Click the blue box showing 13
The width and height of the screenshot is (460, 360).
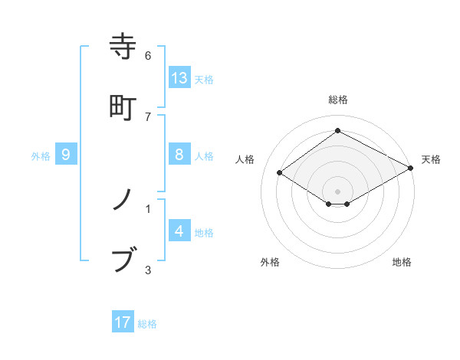pyautogui.click(x=179, y=77)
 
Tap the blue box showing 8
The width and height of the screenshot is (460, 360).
pyautogui.click(x=179, y=155)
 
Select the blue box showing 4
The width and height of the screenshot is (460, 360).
pyautogui.click(x=179, y=231)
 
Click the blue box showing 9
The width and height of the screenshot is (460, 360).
pyautogui.click(x=66, y=155)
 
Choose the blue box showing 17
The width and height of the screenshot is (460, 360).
pyautogui.click(x=123, y=322)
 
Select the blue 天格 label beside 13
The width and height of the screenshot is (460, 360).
pyautogui.click(x=204, y=79)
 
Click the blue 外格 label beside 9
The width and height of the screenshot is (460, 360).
pyautogui.click(x=41, y=156)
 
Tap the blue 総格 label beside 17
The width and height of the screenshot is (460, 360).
pyautogui.click(x=147, y=324)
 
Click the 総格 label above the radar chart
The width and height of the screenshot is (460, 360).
pyautogui.click(x=337, y=100)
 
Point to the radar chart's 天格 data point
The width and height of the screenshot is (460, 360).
pyautogui.click(x=411, y=169)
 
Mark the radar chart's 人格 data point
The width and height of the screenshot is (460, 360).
pyautogui.click(x=280, y=173)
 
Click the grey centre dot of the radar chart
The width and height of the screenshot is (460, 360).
pyautogui.click(x=337, y=191)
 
